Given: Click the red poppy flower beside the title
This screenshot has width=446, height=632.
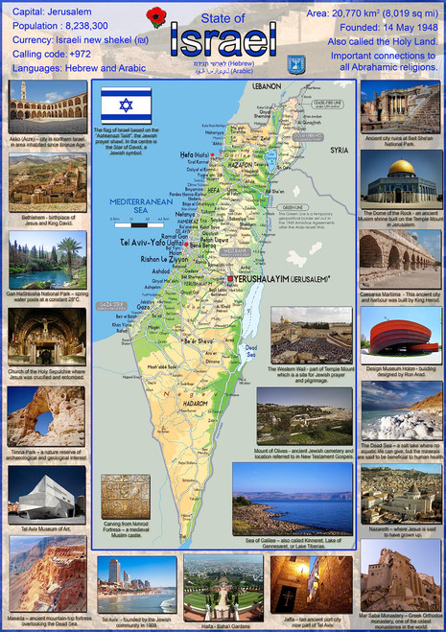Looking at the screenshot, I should (156, 16).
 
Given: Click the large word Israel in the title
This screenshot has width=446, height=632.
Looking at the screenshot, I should (222, 39).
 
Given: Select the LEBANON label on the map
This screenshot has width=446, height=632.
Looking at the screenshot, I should (267, 85).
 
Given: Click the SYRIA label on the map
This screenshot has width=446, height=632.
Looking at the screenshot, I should (339, 150).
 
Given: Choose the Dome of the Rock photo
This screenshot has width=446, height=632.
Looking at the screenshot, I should (400, 176).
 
